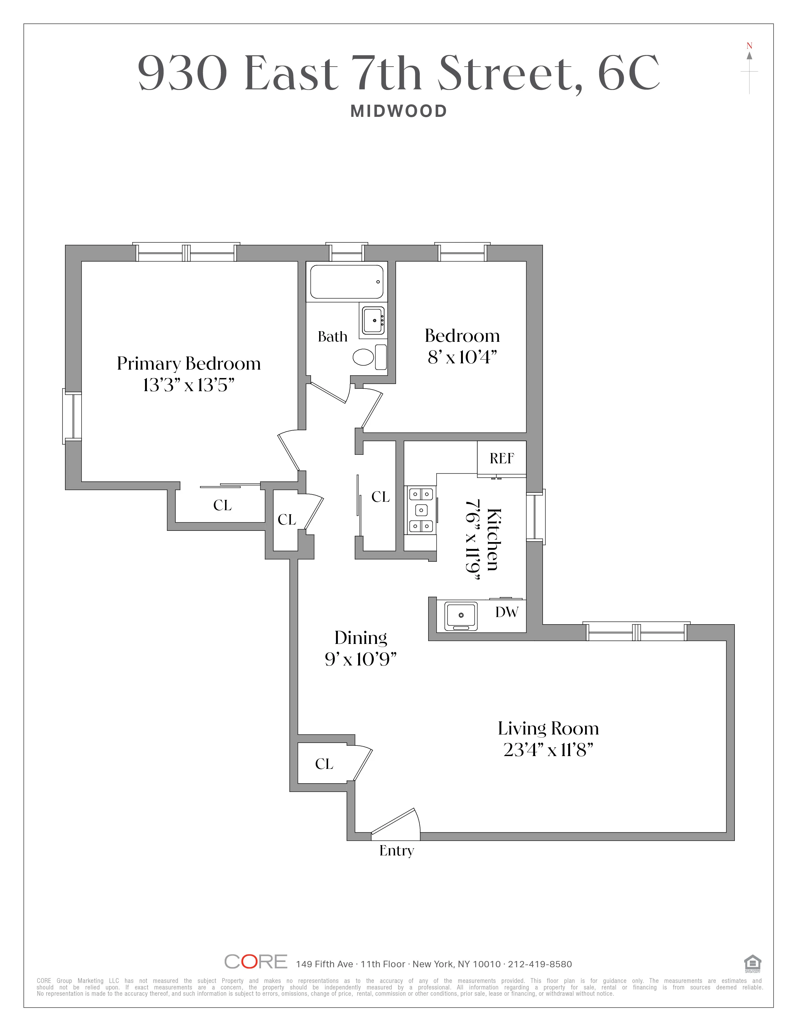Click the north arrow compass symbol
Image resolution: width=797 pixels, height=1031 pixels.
[x=749, y=68]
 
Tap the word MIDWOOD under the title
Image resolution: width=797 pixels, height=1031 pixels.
[x=398, y=112]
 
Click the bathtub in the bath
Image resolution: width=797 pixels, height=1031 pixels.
[x=347, y=282]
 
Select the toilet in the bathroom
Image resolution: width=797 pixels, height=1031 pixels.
[x=363, y=357]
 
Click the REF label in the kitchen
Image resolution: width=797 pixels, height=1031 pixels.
[x=501, y=458]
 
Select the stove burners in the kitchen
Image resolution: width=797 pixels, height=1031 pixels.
[x=421, y=510]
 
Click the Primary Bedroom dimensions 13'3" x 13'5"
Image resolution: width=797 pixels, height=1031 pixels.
[x=188, y=386]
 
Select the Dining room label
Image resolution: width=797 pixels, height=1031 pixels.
[x=361, y=638]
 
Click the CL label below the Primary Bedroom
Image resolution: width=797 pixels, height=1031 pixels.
[x=223, y=505]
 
